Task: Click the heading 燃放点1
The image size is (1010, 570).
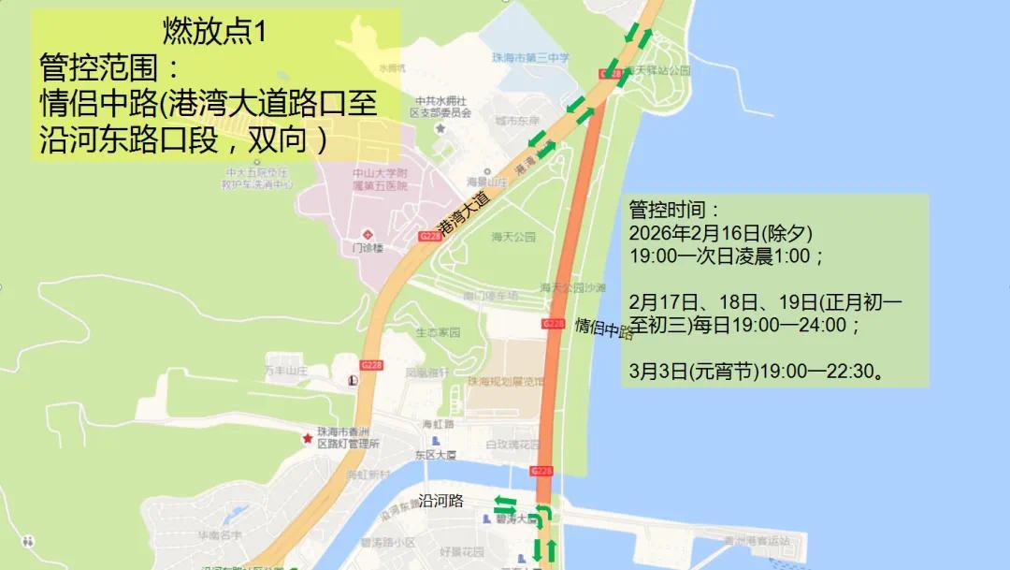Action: point(214,32)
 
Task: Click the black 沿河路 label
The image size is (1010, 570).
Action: point(441,501)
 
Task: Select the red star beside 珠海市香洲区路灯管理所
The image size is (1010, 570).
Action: point(306,438)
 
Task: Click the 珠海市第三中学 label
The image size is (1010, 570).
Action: point(530,58)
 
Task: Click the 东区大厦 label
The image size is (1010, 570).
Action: point(438,455)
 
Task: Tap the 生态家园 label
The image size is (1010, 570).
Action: point(438,332)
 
